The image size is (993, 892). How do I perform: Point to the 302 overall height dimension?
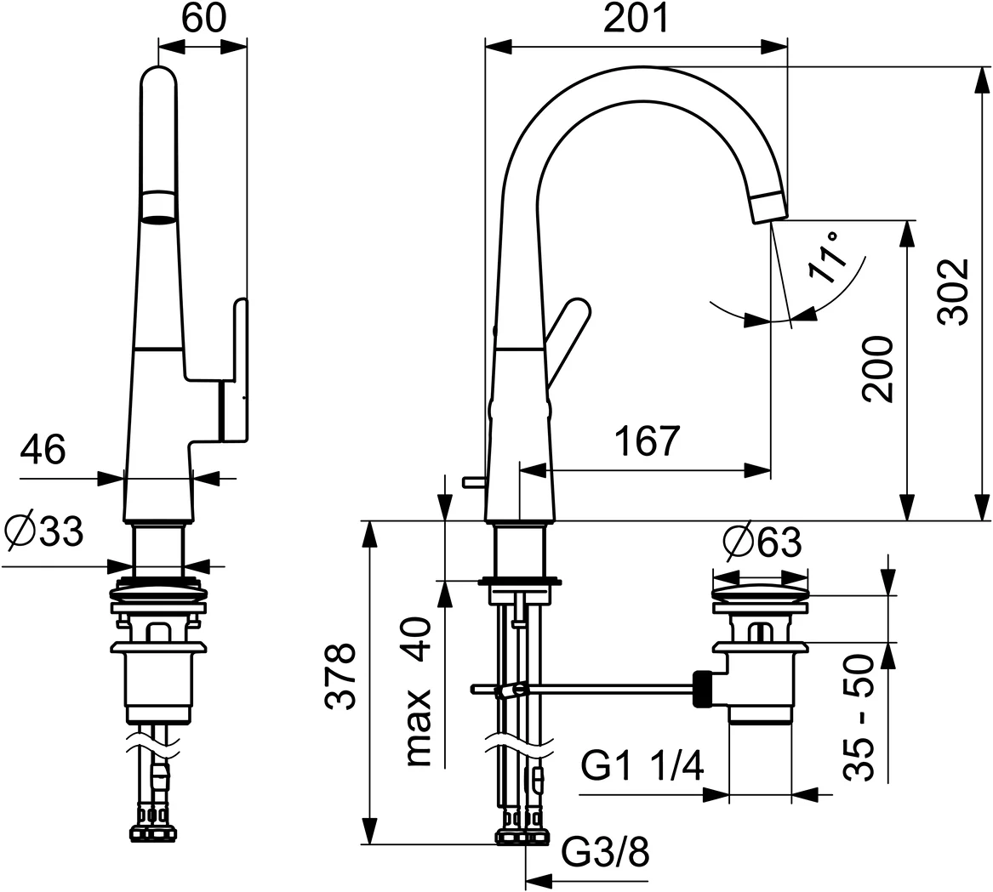(953, 291)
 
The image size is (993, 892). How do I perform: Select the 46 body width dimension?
(43, 450)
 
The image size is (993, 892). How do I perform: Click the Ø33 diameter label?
(44, 533)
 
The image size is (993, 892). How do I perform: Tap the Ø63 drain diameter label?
(761, 543)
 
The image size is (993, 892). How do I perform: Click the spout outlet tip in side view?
(768, 210)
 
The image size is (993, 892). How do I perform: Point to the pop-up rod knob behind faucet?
(472, 483)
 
